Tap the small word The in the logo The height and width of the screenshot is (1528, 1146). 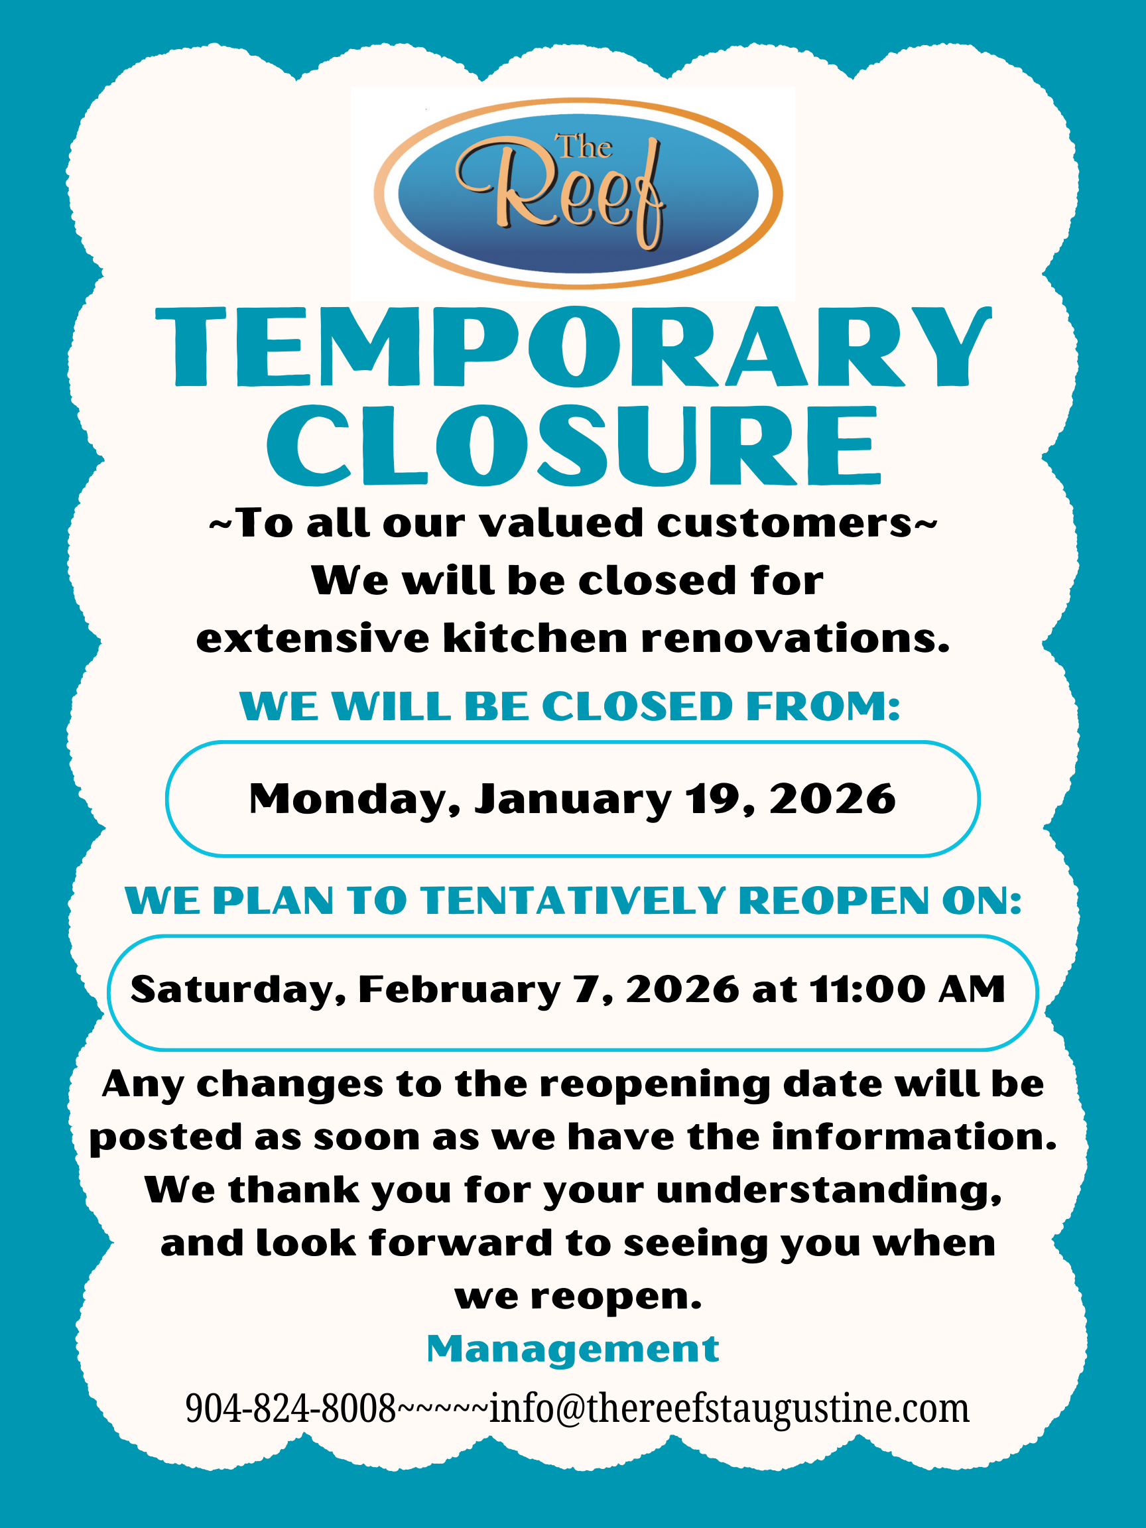[x=584, y=147]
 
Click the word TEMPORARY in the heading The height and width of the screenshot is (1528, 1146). [x=574, y=347]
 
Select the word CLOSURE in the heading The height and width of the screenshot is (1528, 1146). [x=574, y=446]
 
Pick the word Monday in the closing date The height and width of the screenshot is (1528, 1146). [x=354, y=800]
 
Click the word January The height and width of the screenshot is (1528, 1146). [x=572, y=800]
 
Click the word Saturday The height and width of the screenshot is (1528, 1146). [x=237, y=990]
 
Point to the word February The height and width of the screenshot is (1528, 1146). [x=459, y=990]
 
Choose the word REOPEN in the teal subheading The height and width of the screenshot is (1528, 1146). [x=833, y=901]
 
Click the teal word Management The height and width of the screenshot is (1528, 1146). [x=572, y=1349]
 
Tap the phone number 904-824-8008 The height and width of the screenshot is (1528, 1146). [x=290, y=1409]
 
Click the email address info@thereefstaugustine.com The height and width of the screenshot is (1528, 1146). [x=730, y=1410]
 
